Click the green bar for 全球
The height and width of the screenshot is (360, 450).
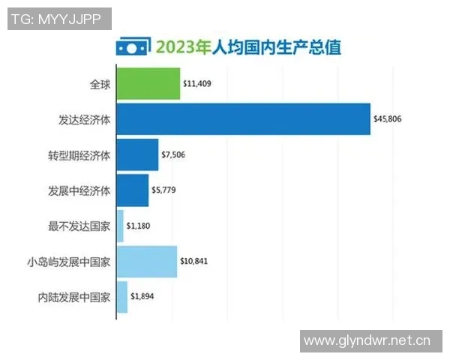(x=148, y=84)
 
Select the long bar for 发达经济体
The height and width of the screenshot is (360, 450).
(x=243, y=119)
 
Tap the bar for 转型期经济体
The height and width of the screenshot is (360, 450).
(x=137, y=155)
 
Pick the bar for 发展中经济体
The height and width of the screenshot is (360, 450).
(x=133, y=190)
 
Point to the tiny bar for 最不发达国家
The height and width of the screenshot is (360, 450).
(x=120, y=226)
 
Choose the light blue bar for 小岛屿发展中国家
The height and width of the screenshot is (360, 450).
(x=147, y=262)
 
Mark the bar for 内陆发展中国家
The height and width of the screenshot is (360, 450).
(x=122, y=297)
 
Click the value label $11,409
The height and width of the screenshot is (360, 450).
(x=198, y=84)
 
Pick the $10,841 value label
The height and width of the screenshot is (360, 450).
(x=195, y=262)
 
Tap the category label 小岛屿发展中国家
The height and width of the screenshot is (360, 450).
(x=68, y=262)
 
